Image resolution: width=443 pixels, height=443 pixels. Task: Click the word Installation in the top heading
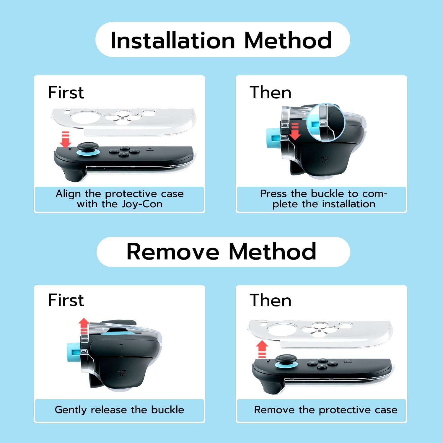173,40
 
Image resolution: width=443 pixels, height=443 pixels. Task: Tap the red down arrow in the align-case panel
65,139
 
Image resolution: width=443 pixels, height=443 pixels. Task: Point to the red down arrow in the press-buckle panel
295,132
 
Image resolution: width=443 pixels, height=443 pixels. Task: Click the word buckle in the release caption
167,410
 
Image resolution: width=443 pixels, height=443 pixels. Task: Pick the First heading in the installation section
66,92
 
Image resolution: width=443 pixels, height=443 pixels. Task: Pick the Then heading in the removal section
271,300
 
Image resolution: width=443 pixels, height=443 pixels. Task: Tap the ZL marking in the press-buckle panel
324,160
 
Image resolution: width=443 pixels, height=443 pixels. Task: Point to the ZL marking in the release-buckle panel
122,373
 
